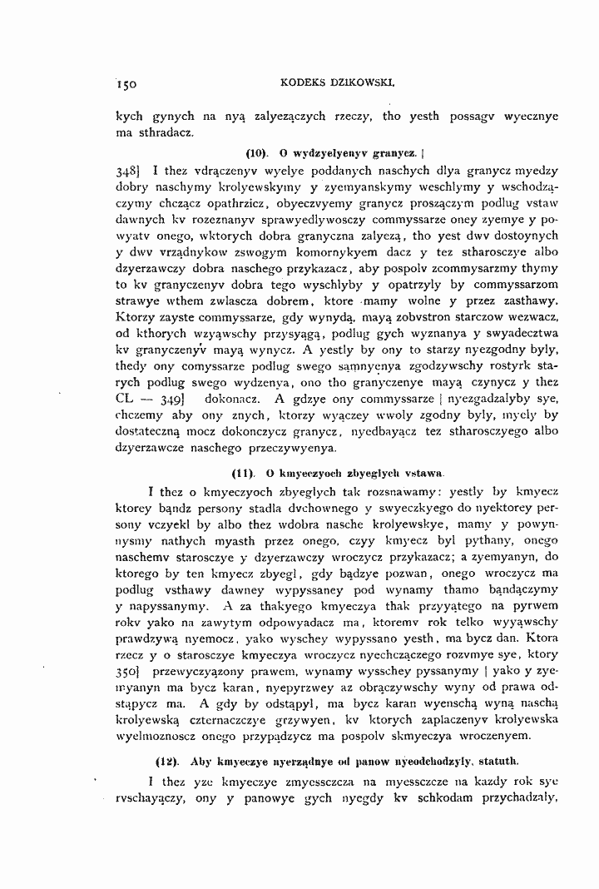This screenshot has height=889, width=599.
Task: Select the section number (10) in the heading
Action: pos(259,154)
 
